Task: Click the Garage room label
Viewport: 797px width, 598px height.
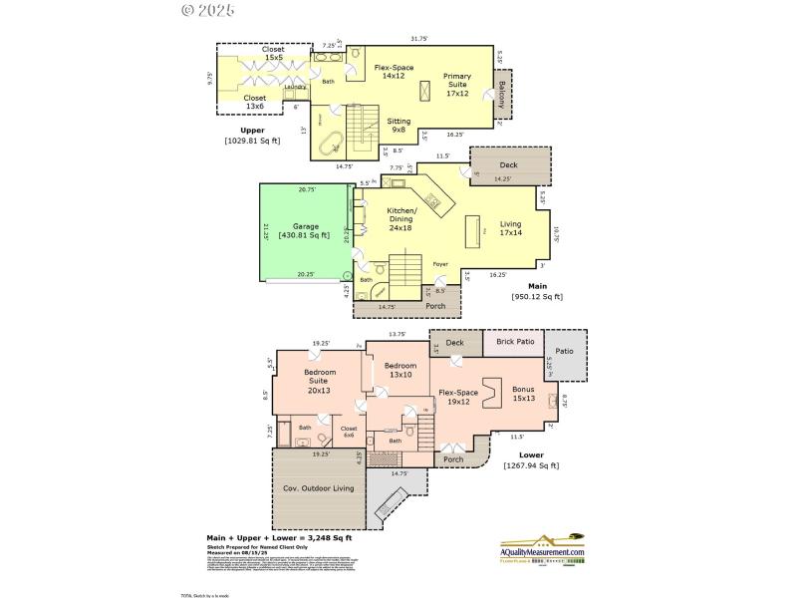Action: coord(306,230)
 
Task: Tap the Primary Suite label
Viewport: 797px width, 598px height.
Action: coord(457,80)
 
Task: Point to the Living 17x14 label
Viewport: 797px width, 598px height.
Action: coord(510,228)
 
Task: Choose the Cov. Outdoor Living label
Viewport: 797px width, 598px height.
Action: coord(319,488)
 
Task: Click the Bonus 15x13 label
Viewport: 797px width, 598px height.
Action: coord(523,394)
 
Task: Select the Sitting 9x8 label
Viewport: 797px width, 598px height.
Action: coord(398,125)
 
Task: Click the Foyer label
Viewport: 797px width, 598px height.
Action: coord(439,264)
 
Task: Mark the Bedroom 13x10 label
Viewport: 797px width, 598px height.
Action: coord(398,370)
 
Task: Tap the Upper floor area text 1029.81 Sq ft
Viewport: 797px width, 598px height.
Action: coord(252,141)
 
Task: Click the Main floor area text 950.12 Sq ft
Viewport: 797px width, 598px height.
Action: coord(536,296)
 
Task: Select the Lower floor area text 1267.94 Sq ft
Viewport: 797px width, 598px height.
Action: coord(531,465)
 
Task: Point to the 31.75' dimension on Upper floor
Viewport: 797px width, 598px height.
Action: coord(418,39)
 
